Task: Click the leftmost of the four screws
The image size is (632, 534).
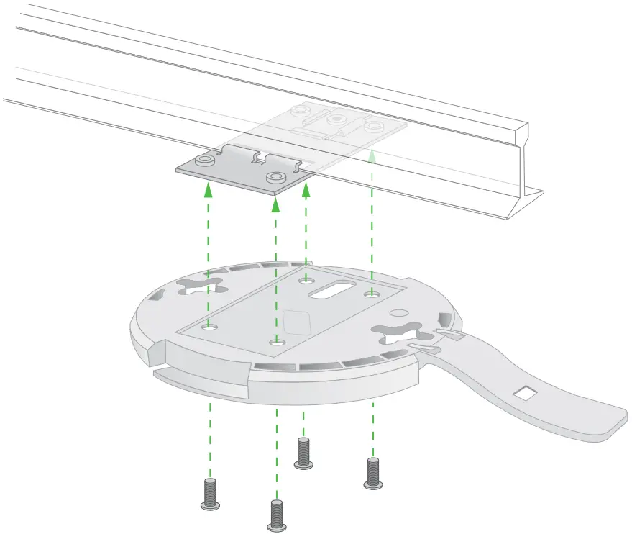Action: click(209, 494)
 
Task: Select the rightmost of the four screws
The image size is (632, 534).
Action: click(372, 473)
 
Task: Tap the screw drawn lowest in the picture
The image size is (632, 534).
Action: click(275, 516)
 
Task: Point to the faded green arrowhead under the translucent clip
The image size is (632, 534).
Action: click(372, 153)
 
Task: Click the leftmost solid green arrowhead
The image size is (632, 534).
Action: click(209, 190)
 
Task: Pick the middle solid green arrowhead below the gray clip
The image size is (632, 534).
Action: click(275, 206)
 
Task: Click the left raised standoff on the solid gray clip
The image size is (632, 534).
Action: click(206, 159)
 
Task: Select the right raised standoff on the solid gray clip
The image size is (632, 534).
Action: click(274, 177)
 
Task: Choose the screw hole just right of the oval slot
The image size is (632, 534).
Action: click(371, 294)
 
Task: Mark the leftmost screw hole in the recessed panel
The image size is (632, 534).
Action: click(209, 327)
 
